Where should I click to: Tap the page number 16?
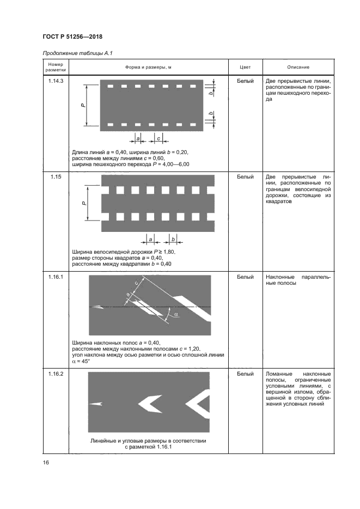[46, 462]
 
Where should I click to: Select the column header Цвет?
[245, 67]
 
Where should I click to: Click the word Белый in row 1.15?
[245, 178]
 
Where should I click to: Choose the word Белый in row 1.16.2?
[245, 374]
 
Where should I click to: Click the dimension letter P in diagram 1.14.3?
[82, 106]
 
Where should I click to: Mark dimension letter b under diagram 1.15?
[173, 240]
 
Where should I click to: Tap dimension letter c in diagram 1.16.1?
[135, 283]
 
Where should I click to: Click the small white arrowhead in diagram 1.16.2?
[96, 404]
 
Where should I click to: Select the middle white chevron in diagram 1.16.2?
[148, 404]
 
